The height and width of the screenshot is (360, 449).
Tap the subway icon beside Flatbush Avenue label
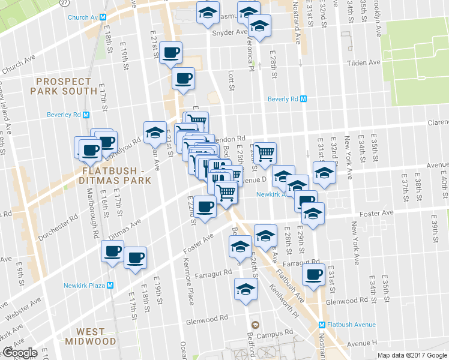322,325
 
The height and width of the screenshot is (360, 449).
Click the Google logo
20,353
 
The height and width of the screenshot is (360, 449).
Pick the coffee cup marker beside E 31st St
313,274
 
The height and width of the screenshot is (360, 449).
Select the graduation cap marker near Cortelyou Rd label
155,133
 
